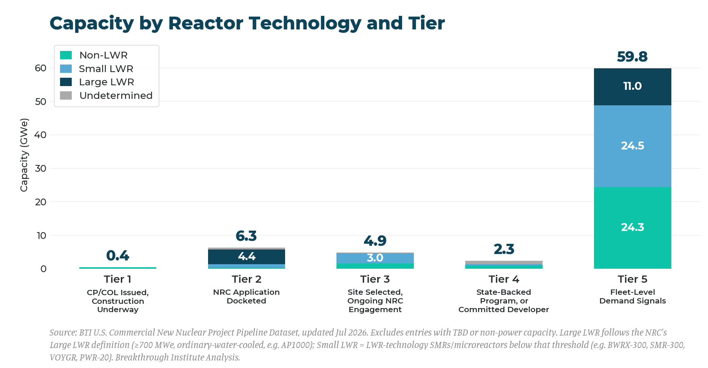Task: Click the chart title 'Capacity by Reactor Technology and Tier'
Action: point(247,23)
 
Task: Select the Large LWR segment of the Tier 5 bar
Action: point(632,87)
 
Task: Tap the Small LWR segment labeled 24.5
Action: point(632,146)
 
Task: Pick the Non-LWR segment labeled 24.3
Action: point(632,228)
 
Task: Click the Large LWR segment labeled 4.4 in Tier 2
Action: point(247,257)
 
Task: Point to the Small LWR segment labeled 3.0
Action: point(375,258)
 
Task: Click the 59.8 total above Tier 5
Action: point(632,57)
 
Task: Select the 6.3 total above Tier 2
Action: point(246,236)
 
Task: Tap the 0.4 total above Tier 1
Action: point(118,256)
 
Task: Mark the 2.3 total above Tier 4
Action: point(504,249)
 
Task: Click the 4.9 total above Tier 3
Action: point(375,240)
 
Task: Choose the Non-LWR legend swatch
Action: point(66,55)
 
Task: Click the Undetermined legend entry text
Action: point(116,95)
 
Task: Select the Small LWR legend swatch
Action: point(66,69)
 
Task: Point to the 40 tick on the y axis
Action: point(40,135)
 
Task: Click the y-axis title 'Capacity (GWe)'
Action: point(24,155)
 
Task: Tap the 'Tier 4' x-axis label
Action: point(504,279)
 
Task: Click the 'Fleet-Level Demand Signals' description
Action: point(632,296)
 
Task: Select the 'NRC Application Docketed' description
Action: point(246,296)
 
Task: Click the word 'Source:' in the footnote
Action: point(63,333)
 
